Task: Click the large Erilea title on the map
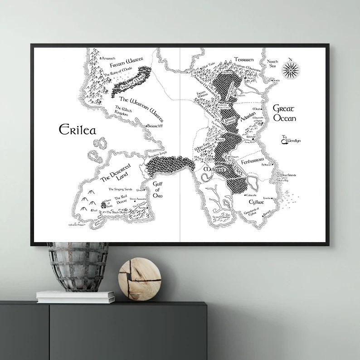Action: coord(78,130)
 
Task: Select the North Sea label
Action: coord(272,64)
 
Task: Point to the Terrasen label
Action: coord(246,60)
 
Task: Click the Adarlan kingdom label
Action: coord(249,115)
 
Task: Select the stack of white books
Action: coord(75,297)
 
